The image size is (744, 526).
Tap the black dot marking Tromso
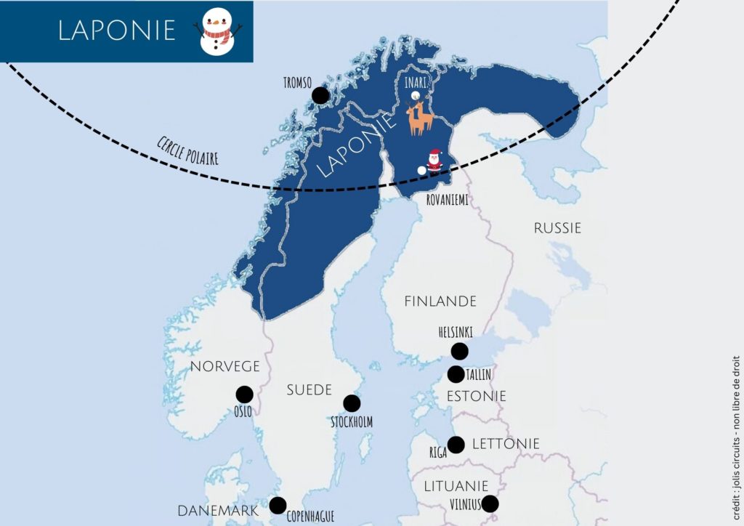point(320,95)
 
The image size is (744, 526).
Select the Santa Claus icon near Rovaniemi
point(434,161)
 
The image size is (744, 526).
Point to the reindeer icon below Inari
point(419,118)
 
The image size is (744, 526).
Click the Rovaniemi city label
point(447,199)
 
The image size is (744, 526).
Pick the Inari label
point(415,82)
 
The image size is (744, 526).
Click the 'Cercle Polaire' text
point(187,150)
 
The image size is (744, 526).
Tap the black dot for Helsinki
point(459,352)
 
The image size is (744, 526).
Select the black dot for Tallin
point(456,374)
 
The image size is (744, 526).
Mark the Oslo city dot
point(245,394)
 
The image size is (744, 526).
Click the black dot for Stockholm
point(352,403)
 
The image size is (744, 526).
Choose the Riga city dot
point(456,445)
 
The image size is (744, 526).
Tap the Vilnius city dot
point(490,503)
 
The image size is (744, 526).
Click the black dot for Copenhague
point(278,505)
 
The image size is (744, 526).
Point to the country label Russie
point(557,228)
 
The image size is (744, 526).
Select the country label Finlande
point(440,301)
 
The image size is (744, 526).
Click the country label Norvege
point(225,366)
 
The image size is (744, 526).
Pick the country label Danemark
point(218,511)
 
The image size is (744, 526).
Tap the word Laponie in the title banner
point(117,31)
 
